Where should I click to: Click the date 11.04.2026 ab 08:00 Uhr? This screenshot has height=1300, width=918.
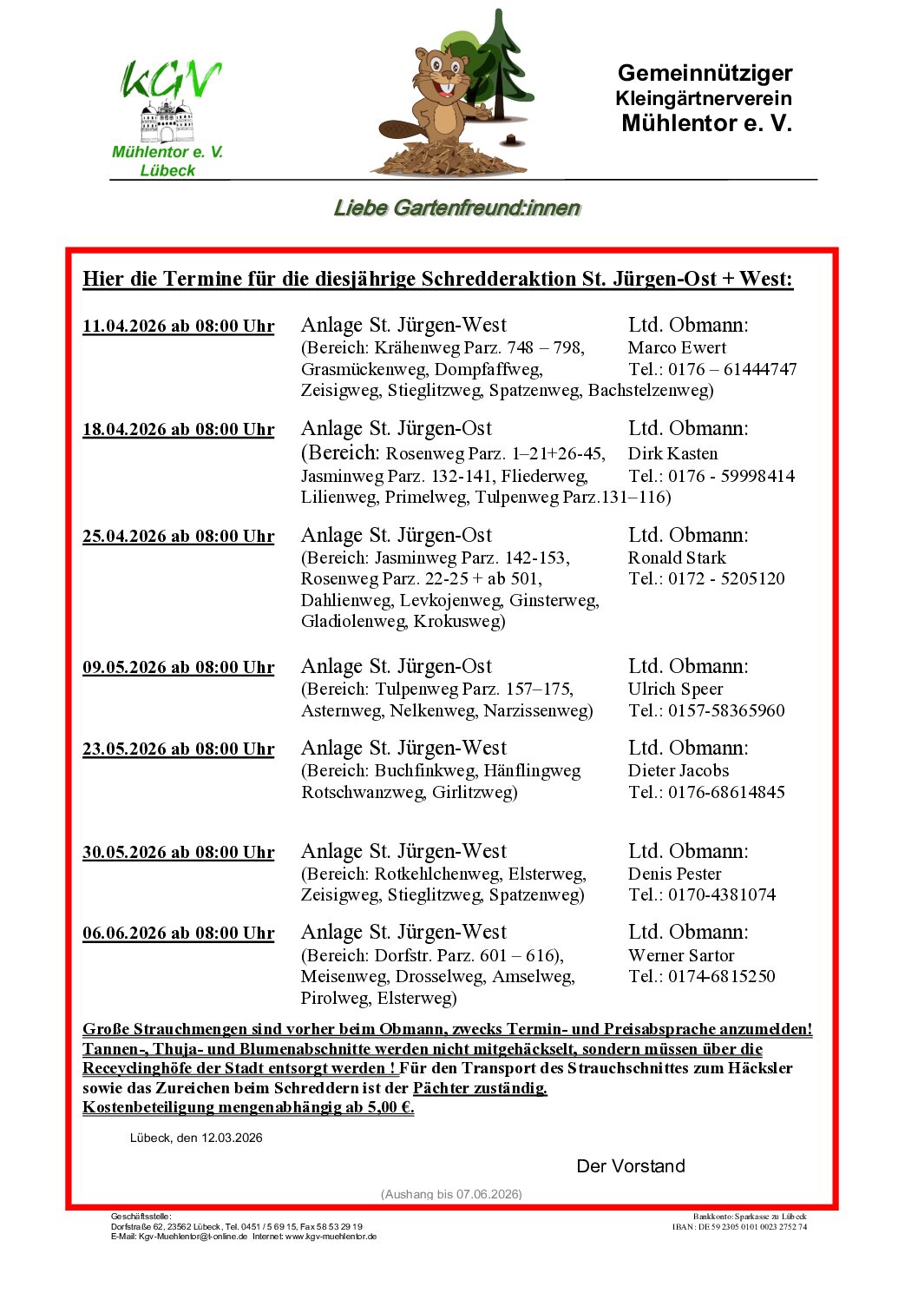[x=178, y=327]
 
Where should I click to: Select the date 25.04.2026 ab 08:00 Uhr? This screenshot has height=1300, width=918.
[x=178, y=537]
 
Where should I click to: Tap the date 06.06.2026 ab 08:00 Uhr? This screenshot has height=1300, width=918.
[x=178, y=934]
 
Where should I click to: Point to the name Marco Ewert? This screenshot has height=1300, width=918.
[x=677, y=348]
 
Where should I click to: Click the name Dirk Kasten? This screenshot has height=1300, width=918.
[x=672, y=454]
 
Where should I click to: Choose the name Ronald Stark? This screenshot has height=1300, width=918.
[x=677, y=558]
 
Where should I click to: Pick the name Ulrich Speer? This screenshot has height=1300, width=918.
[x=675, y=690]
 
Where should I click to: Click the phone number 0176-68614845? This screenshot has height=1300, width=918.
[x=726, y=793]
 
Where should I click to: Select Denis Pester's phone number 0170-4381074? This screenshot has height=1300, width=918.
[x=721, y=895]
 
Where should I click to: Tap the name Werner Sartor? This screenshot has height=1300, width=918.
[x=681, y=956]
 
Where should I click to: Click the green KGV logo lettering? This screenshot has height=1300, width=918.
[x=170, y=81]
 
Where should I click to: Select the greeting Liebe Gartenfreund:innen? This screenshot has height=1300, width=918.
[x=457, y=208]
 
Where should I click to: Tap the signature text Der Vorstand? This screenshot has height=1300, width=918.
[x=631, y=1166]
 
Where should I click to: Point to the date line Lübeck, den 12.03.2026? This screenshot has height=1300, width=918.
[x=196, y=1138]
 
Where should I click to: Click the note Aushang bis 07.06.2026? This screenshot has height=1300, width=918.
[x=451, y=1194]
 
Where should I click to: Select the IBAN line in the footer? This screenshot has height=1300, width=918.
[x=739, y=1227]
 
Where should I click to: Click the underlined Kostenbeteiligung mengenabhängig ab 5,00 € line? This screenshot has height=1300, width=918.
[x=248, y=1108]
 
